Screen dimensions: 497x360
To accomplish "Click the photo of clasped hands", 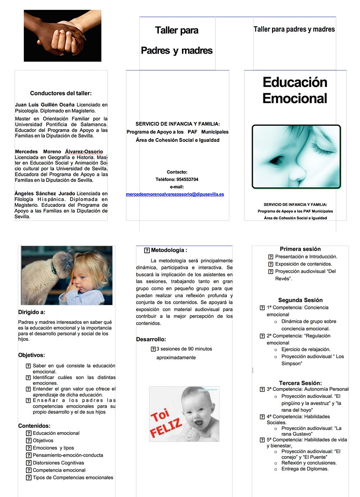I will pyautogui.click(x=62, y=36).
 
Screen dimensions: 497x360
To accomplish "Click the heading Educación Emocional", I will pyautogui.click(x=295, y=90).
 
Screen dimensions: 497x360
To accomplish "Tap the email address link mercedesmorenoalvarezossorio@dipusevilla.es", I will pyautogui.click(x=175, y=194).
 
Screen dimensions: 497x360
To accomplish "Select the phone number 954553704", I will pyautogui.click(x=187, y=179).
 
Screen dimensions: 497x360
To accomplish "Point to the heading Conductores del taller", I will pyautogui.click(x=61, y=93).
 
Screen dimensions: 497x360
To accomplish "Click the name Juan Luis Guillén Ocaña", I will pyautogui.click(x=45, y=105).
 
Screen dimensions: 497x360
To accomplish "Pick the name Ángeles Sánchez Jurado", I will pyautogui.click(x=45, y=193).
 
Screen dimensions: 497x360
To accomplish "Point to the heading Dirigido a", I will pyautogui.click(x=32, y=312).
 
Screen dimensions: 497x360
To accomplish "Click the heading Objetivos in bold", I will pyautogui.click(x=31, y=355).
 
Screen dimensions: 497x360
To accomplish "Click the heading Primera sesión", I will pyautogui.click(x=300, y=249).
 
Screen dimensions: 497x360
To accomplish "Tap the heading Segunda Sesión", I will pyautogui.click(x=300, y=300).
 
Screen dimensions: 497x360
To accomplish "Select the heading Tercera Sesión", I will pyautogui.click(x=300, y=383).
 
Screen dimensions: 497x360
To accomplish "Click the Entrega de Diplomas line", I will pyautogui.click(x=305, y=469).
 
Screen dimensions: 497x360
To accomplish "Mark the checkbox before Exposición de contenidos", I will pyautogui.click(x=271, y=264).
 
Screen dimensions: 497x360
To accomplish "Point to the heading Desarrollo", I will pyautogui.click(x=151, y=339).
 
